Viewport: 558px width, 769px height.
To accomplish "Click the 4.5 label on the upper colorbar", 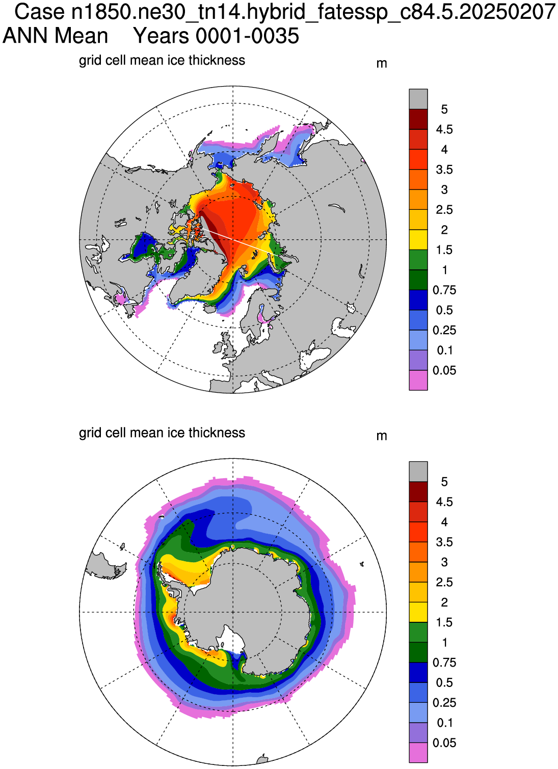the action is (x=444, y=129).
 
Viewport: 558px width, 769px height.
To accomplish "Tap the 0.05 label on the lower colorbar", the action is (x=444, y=743).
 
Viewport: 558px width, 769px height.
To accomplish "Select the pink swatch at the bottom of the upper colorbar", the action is (x=418, y=380).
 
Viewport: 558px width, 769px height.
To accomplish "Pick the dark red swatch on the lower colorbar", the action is (x=418, y=491).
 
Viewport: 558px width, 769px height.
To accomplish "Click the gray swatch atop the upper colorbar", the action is (x=418, y=99).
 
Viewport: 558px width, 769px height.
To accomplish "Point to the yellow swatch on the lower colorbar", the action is (x=418, y=612).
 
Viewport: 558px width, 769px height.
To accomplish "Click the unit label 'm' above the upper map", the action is (x=382, y=64).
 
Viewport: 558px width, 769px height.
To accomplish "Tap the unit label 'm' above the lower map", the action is (x=382, y=436).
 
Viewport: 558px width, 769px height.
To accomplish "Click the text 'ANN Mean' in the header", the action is (x=56, y=36).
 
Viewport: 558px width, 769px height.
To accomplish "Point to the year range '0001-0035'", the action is (x=247, y=36).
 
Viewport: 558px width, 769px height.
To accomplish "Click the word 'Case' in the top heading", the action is (x=40, y=12).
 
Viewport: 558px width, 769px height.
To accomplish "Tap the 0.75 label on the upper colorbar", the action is (x=444, y=290).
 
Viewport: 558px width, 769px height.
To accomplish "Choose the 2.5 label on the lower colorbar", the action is (x=444, y=582).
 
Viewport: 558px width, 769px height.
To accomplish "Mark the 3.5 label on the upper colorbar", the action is (x=444, y=170).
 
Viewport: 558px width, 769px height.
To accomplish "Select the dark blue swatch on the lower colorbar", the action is (x=418, y=673).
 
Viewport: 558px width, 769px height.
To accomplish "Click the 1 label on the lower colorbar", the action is (x=445, y=642).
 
